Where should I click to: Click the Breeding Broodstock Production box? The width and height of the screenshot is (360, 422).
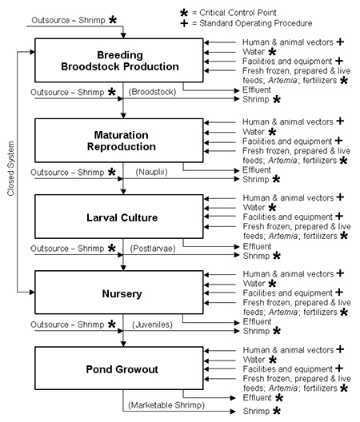119,60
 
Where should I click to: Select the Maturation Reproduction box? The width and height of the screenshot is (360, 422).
119,141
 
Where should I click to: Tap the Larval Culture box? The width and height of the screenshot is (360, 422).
119,217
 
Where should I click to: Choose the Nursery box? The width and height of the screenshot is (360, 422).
119,293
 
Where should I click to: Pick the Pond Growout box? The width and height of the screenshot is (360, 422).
119,368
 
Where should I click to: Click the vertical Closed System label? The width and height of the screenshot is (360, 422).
10,169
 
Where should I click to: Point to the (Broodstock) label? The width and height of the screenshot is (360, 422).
152,92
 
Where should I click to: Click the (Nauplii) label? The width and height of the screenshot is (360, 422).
151,172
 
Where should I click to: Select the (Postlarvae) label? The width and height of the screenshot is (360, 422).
153,249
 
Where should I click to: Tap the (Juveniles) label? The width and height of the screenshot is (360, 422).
152,324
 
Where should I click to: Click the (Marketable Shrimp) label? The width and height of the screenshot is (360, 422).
166,405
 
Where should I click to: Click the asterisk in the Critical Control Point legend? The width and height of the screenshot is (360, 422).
184,13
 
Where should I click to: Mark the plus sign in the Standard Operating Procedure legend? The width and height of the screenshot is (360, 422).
184,23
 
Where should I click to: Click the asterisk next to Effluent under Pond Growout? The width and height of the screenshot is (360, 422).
279,398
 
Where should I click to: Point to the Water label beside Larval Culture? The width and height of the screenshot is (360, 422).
254,208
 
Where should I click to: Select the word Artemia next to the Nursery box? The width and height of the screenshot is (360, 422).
283,313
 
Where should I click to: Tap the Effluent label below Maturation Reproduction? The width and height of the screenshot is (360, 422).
257,170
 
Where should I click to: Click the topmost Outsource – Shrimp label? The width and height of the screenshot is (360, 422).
68,20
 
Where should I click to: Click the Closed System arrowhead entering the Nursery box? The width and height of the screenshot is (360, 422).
32,292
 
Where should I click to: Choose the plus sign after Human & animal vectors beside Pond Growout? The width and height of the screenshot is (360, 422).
340,349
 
